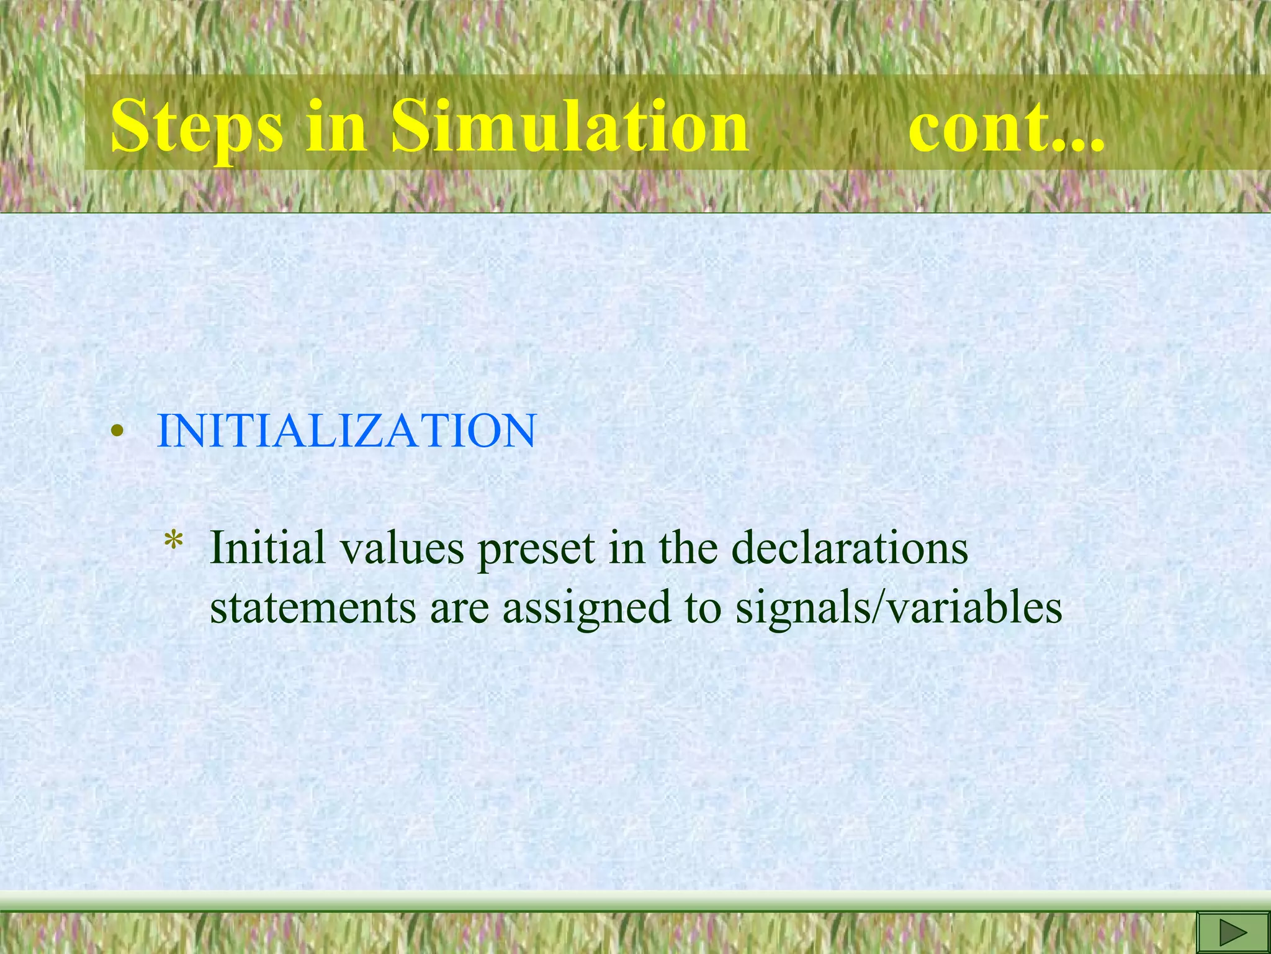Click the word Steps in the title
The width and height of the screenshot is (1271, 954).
click(196, 127)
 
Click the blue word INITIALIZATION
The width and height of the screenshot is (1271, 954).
click(346, 430)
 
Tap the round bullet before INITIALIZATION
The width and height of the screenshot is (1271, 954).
click(115, 432)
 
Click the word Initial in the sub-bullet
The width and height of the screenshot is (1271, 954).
click(267, 548)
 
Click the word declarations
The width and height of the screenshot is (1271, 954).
click(850, 548)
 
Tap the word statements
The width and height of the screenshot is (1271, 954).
click(313, 607)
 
